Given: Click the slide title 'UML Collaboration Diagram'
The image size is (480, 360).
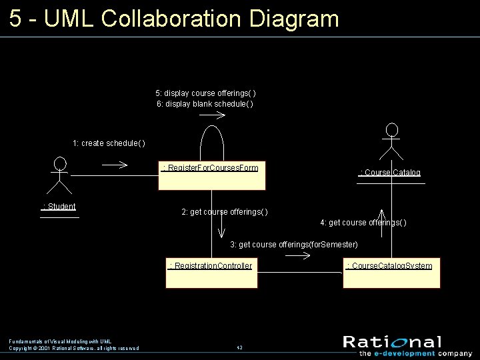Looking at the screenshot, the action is (174, 18).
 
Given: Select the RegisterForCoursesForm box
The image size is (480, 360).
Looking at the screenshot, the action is (211, 175).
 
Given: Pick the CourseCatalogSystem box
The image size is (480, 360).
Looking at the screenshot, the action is (391, 274).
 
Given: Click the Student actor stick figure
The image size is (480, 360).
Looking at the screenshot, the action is (60, 172).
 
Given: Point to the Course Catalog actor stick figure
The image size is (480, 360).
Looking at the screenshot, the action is (393, 139).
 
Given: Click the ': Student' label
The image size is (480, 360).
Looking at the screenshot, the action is (59, 207).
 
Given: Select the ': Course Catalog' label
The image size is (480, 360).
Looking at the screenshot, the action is (391, 173).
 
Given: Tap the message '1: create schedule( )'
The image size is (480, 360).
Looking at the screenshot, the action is (109, 143).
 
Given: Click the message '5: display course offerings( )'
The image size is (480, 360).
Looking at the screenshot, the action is (205, 93).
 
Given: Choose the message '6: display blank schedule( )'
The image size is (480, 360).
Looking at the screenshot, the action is (205, 104).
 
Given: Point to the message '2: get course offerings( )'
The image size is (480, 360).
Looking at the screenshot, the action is (225, 212).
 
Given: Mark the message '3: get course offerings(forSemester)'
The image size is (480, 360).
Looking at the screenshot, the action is (294, 245).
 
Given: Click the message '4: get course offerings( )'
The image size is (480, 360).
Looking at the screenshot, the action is (363, 222).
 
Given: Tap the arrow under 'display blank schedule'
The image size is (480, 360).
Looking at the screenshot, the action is (213, 115).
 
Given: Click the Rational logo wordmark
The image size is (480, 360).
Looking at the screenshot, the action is (392, 342).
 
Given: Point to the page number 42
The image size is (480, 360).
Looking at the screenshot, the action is (239, 348).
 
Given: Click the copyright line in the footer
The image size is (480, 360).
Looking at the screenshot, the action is (74, 348).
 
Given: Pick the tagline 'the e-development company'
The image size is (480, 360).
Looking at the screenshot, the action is (406, 353).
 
